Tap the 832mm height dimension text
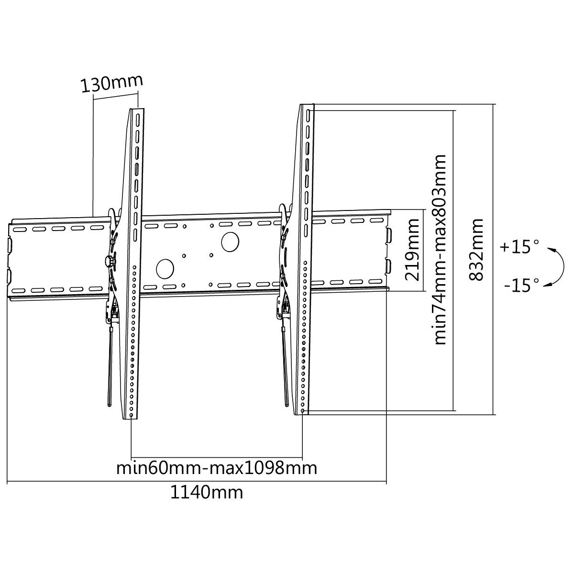pyautogui.click(x=475, y=249)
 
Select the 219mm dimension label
pyautogui.click(x=412, y=250)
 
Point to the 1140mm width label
pyautogui.click(x=207, y=492)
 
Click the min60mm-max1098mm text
pyautogui.click(x=217, y=468)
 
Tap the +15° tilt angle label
pyautogui.click(x=520, y=247)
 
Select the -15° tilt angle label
pyautogui.click(x=521, y=285)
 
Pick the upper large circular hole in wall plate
pyautogui.click(x=230, y=242)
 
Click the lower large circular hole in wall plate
pyautogui.click(x=165, y=269)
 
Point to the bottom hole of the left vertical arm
pyautogui.click(x=132, y=415)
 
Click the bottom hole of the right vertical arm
pyautogui.click(x=303, y=410)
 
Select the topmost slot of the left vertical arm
pyautogui.click(x=138, y=120)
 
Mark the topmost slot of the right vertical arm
pyautogui.click(x=308, y=116)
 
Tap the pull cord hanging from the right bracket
pyautogui.click(x=285, y=366)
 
